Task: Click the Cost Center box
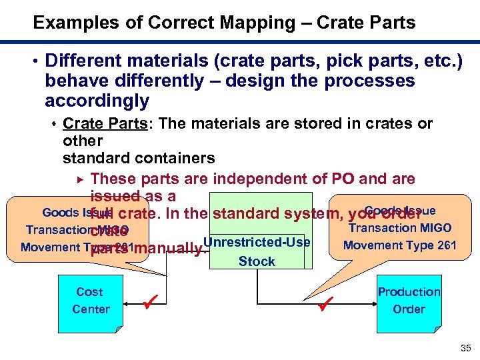click(90, 302)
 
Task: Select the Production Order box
click(408, 302)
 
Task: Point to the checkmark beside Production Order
click(325, 306)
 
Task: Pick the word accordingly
click(97, 101)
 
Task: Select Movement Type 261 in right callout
click(399, 245)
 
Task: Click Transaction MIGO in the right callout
click(400, 228)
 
